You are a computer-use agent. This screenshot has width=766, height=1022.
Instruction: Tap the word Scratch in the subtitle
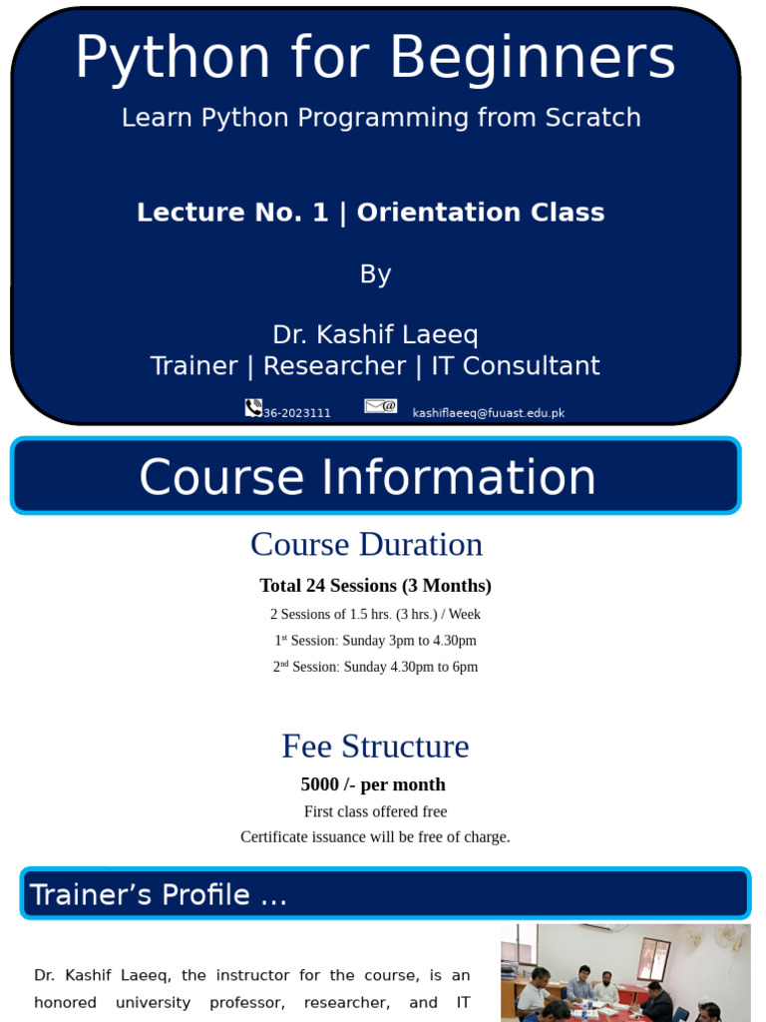(592, 118)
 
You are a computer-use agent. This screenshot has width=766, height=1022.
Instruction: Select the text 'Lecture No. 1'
(232, 213)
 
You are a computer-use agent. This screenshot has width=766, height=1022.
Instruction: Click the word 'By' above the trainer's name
(375, 274)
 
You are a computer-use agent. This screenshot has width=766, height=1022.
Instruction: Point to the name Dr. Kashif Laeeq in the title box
(375, 334)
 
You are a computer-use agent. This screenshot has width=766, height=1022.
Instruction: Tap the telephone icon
(253, 407)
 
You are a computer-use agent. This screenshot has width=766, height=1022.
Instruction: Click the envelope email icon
(380, 406)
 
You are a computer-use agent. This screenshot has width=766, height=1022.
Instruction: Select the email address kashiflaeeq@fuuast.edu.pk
(489, 413)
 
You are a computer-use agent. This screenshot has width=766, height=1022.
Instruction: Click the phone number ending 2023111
(297, 413)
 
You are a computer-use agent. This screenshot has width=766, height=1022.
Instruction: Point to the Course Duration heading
(366, 544)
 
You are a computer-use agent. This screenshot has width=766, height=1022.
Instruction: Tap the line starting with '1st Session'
(375, 640)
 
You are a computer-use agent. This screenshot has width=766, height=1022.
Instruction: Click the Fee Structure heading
(375, 747)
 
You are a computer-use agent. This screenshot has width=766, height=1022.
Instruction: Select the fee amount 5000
(319, 784)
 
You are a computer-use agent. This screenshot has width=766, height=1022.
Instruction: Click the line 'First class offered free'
(375, 811)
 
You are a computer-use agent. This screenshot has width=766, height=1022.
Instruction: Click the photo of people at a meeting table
(625, 972)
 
